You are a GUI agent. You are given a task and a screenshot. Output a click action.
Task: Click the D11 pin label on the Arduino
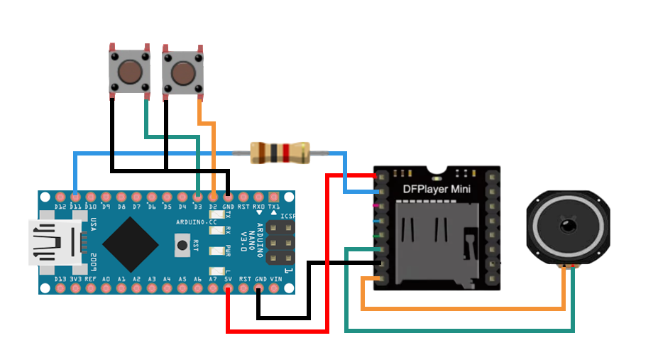point(75,207)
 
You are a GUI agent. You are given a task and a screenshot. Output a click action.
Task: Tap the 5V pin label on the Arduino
point(228,279)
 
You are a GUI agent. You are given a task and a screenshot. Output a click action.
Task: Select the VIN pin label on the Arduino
point(275,279)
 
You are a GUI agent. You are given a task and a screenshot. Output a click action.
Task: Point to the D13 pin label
point(60,279)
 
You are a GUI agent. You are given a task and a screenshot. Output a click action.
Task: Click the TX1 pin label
point(274,207)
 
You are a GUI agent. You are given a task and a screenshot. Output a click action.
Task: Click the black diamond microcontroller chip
point(130,244)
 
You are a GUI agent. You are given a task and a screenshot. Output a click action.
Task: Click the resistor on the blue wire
point(280,153)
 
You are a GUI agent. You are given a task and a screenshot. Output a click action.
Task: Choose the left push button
point(128,70)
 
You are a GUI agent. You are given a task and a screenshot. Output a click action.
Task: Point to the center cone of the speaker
point(567,227)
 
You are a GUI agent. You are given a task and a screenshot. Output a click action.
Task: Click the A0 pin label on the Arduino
point(106,279)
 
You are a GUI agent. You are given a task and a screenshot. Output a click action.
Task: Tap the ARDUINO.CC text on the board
point(192,222)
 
